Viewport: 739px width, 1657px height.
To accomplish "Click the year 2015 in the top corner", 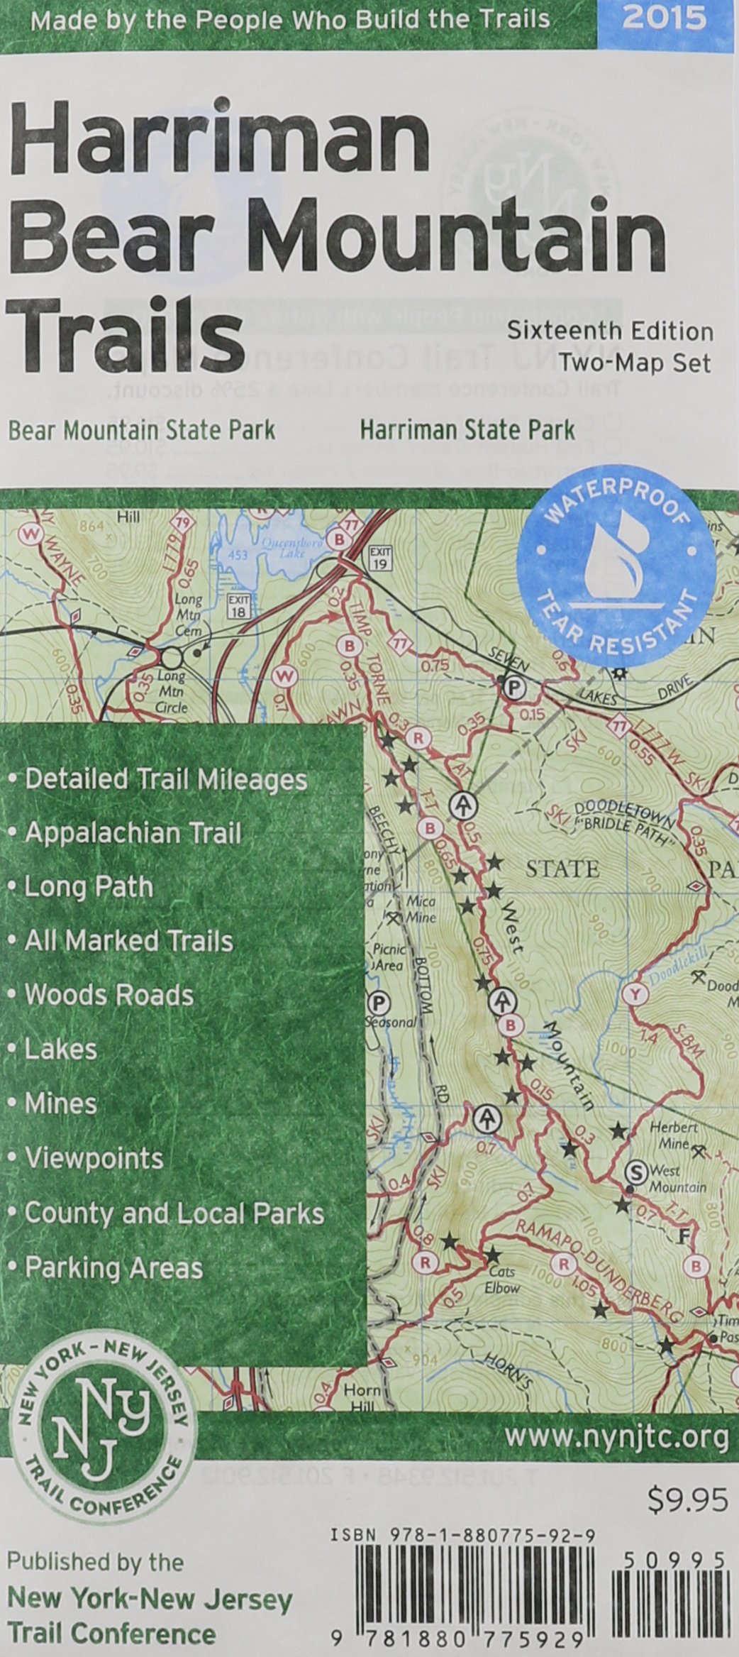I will pyautogui.click(x=664, y=18).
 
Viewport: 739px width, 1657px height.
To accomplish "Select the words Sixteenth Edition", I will pyautogui.click(x=610, y=331).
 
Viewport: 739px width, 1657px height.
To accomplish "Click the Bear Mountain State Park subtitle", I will pyautogui.click(x=141, y=429).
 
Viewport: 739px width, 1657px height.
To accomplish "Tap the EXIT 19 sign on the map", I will pyautogui.click(x=380, y=557).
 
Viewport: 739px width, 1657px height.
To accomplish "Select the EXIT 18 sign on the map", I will pyautogui.click(x=239, y=607).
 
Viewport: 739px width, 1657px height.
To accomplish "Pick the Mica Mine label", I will pyautogui.click(x=421, y=910).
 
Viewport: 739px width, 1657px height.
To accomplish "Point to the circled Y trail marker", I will pyautogui.click(x=635, y=994).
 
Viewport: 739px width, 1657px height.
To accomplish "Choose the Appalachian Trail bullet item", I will pyautogui.click(x=133, y=833).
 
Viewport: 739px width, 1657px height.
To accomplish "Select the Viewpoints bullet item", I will pyautogui.click(x=94, y=1159).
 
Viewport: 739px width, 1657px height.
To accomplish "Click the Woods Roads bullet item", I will pyautogui.click(x=109, y=995).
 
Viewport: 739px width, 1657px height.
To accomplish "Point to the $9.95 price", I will pyautogui.click(x=687, y=1499).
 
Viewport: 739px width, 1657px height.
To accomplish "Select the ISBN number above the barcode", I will pyautogui.click(x=462, y=1531).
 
